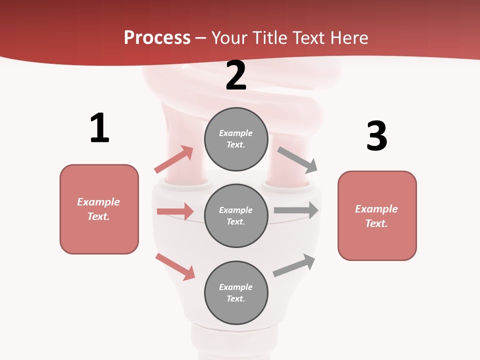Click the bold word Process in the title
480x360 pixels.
pos(157,38)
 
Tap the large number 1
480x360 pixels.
pos(99,128)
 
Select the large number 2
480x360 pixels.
pos(236,75)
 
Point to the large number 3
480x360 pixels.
pos(376,136)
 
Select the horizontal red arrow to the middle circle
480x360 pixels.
pos(175,211)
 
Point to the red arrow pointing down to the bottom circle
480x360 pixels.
pos(175,266)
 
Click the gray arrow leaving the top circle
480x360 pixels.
pos(297,160)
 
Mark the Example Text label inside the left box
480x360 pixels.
pos(98,209)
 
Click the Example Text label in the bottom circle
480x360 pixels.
pos(236,292)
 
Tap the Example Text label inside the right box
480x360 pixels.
pos(376,216)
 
